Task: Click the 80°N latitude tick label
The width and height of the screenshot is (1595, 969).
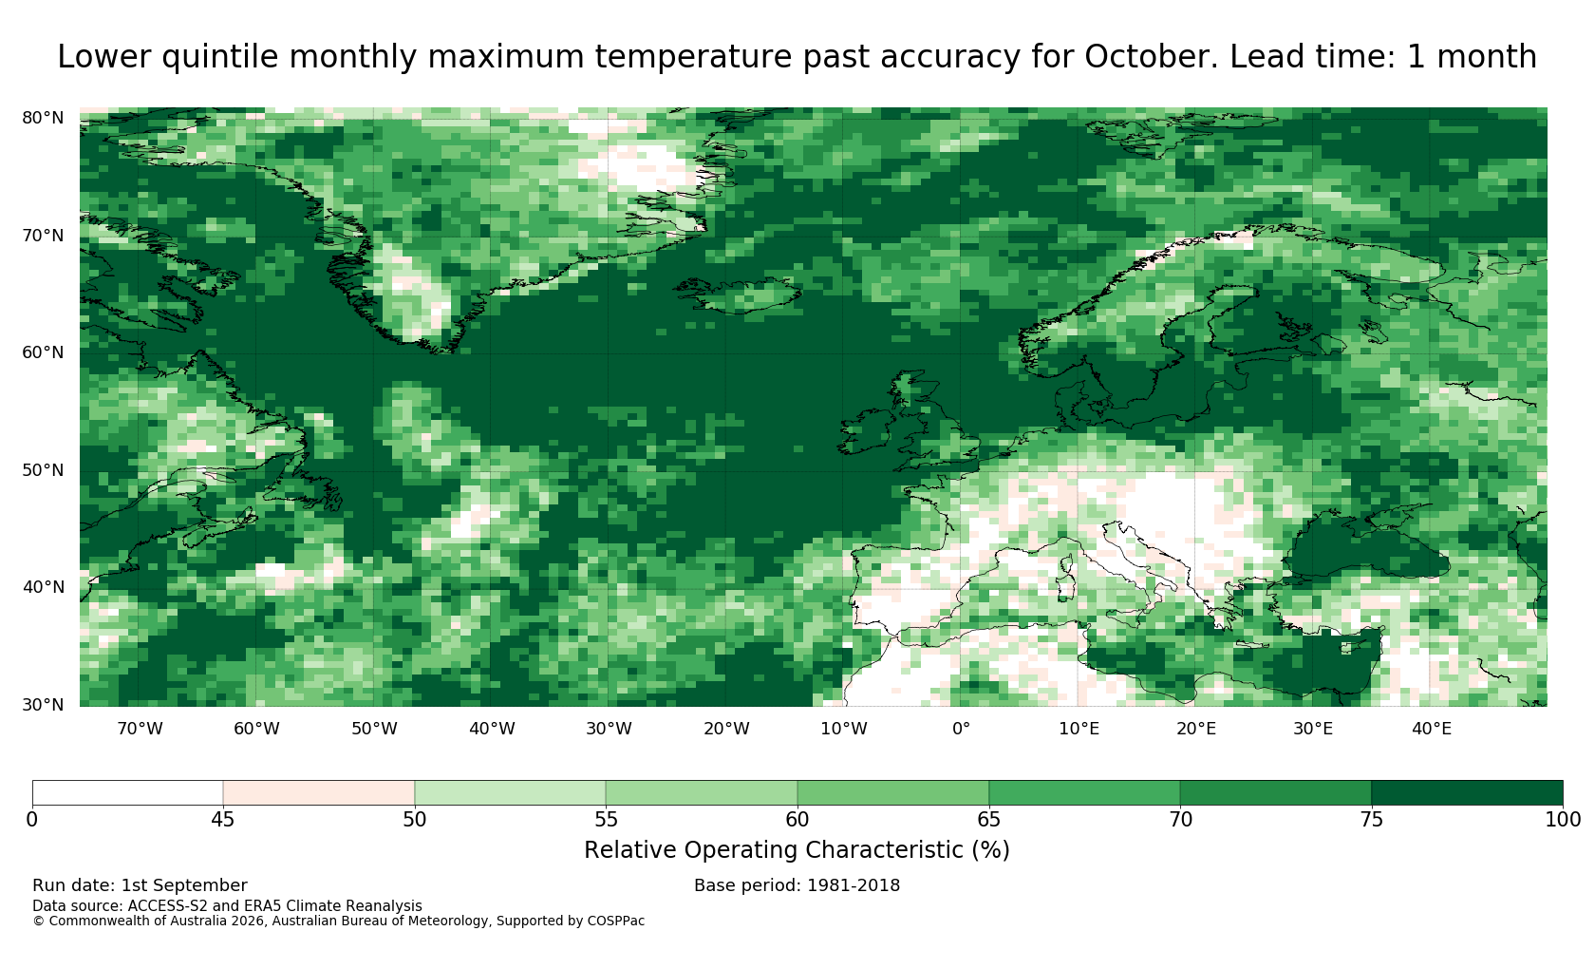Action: click(43, 118)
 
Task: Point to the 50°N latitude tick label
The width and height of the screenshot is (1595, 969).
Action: click(43, 470)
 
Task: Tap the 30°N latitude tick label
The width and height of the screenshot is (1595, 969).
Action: click(43, 705)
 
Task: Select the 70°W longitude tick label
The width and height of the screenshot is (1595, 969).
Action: click(140, 729)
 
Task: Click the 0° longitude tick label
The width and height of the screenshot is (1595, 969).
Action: click(961, 729)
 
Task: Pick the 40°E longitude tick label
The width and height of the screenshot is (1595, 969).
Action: click(1432, 729)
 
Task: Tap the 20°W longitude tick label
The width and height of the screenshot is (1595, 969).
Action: click(726, 729)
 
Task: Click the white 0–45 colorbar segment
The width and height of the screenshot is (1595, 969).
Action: click(127, 793)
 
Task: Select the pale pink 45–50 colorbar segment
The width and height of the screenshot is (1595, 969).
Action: click(319, 793)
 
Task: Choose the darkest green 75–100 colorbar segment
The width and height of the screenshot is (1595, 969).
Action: click(1467, 793)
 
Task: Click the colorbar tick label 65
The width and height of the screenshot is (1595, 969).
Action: click(988, 820)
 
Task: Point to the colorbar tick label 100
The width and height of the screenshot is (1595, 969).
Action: click(1563, 820)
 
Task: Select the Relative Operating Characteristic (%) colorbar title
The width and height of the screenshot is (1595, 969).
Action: click(797, 850)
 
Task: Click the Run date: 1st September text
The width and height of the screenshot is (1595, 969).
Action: click(140, 885)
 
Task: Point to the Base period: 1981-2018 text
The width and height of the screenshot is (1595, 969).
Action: click(797, 885)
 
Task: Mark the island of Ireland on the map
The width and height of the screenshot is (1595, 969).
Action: click(865, 431)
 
